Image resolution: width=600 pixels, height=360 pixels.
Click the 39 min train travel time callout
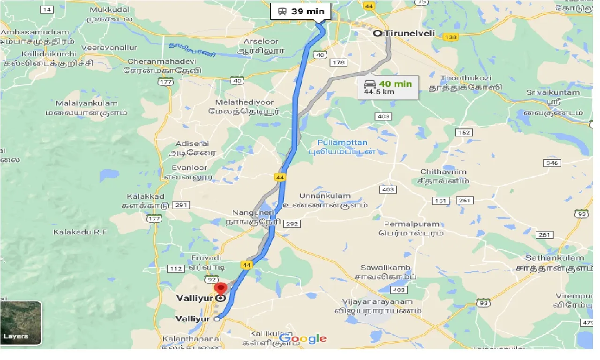301,11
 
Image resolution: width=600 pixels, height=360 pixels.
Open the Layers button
21,323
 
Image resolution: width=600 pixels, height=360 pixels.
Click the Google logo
303,338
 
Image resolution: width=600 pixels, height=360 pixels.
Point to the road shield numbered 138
450,37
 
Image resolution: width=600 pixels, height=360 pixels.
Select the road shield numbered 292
292,224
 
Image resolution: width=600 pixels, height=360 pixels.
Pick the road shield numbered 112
176,269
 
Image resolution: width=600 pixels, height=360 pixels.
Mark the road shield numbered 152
464,133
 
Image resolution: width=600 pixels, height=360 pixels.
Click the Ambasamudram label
35,32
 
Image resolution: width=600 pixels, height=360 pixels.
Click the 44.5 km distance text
379,91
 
